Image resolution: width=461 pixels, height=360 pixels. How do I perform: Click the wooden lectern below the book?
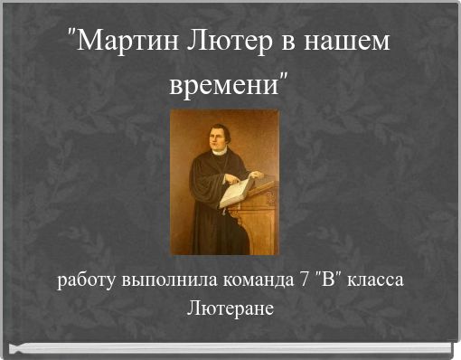pos(256,222)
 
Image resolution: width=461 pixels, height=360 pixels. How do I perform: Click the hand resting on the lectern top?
pos(258,175)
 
